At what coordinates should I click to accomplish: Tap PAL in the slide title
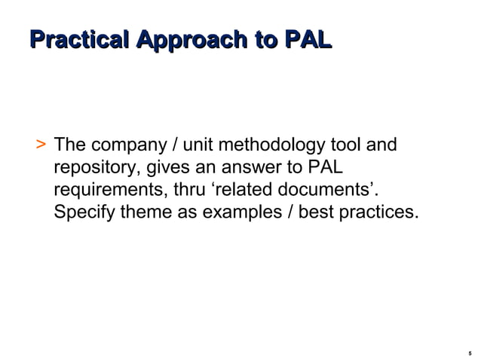click(307, 40)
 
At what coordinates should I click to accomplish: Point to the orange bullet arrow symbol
click(40, 144)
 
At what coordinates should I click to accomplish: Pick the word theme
click(146, 212)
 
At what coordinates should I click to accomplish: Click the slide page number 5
click(470, 352)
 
